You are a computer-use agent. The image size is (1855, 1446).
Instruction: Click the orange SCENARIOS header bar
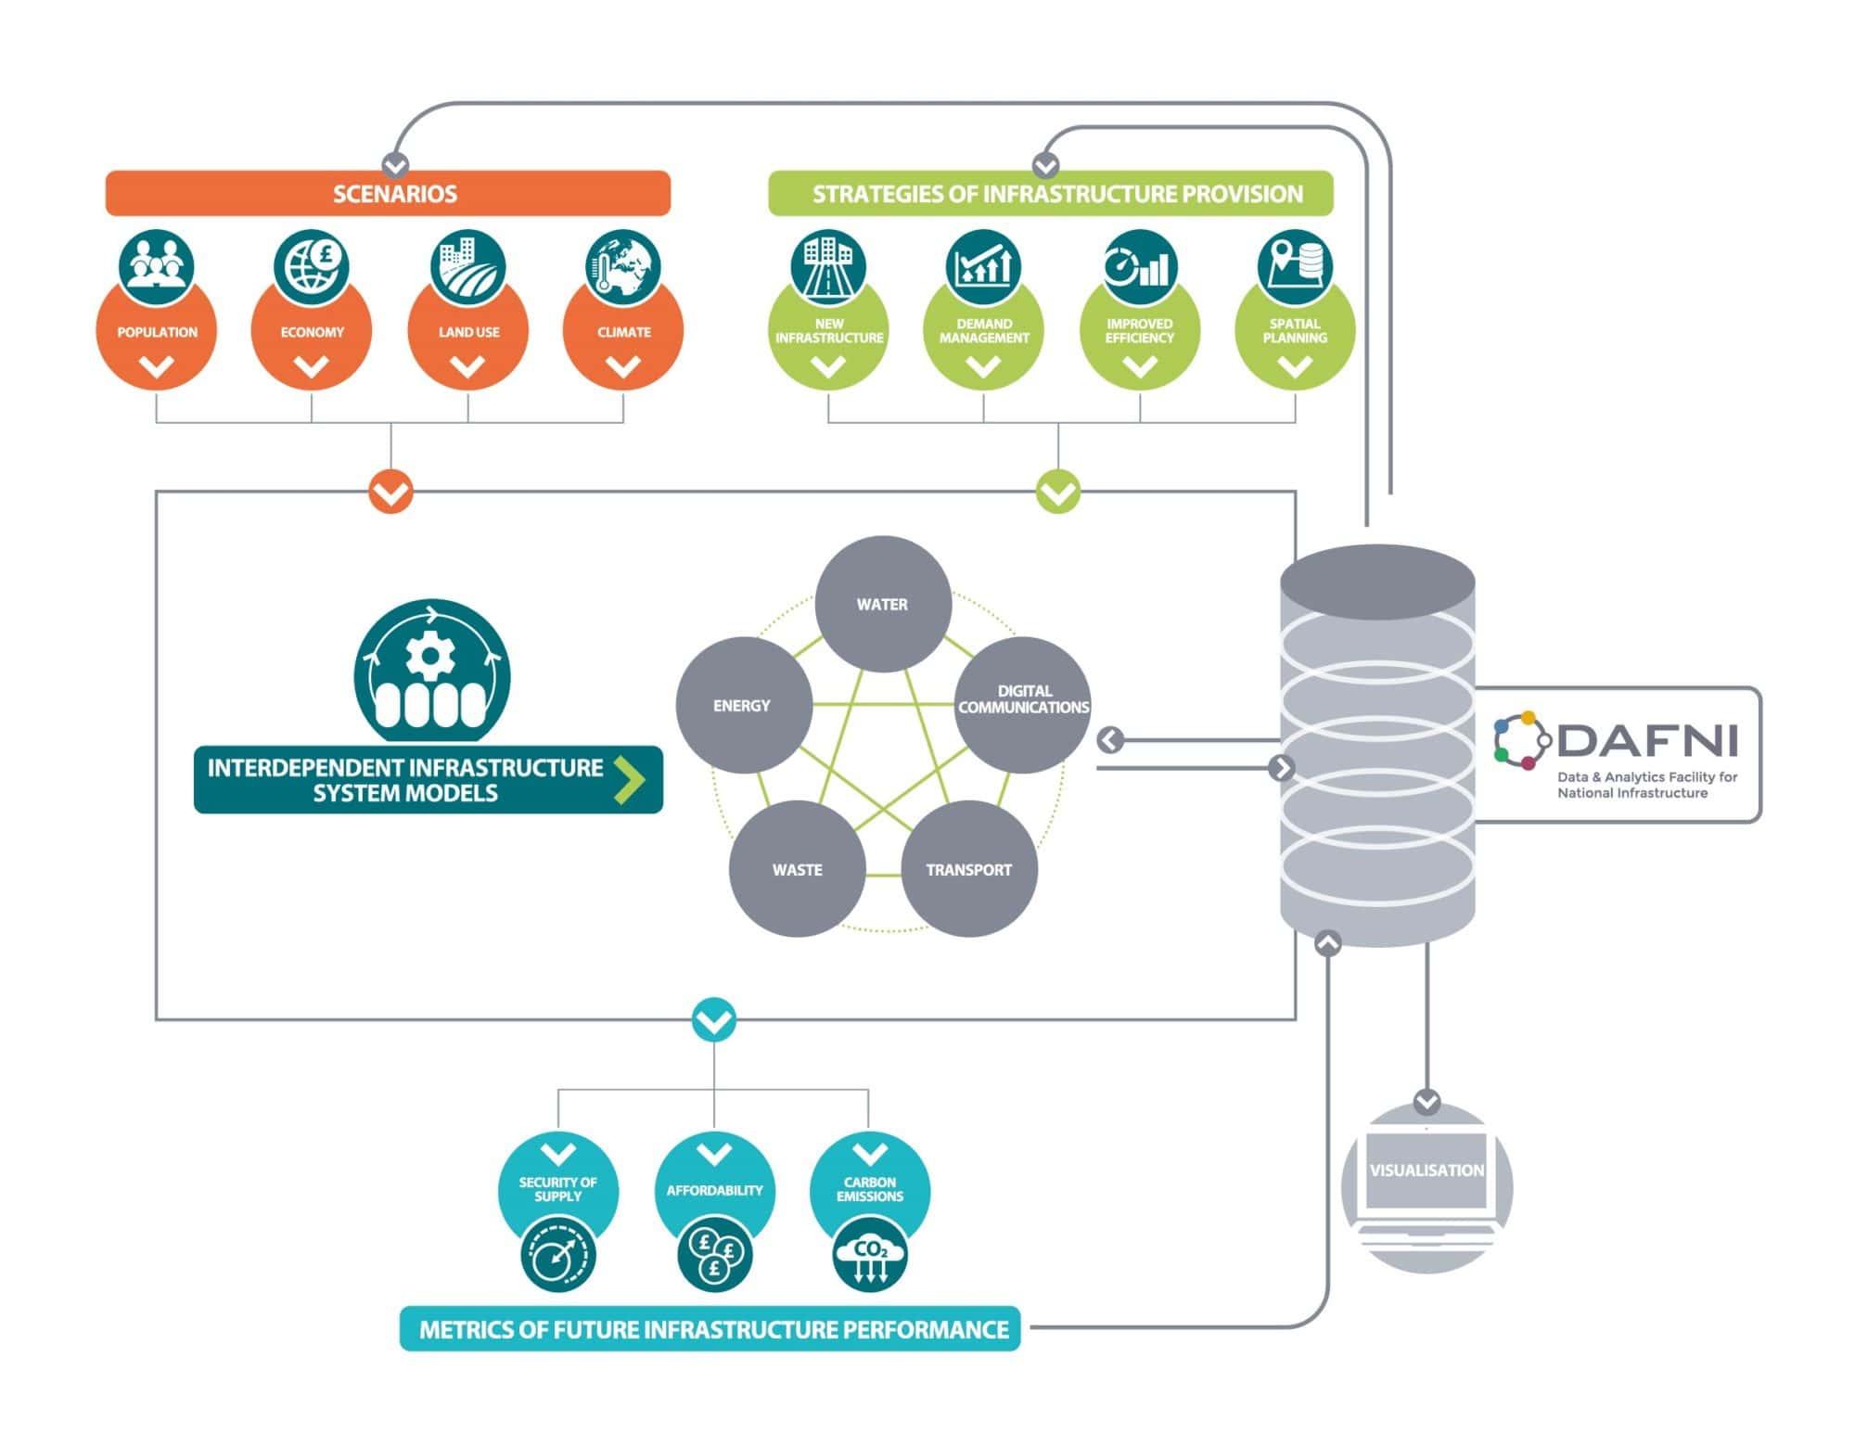388,194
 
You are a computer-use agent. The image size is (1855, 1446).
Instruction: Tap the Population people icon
157,266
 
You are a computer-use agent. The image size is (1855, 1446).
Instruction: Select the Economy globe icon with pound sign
312,266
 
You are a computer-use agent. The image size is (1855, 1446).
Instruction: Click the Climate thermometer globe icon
623,266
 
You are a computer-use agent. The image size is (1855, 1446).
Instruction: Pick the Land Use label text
468,332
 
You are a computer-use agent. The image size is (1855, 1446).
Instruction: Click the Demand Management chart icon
983,266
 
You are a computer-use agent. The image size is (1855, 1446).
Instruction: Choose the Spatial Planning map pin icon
1295,266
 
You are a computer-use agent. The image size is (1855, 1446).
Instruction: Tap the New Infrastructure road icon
828,266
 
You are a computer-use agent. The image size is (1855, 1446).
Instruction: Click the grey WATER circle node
883,604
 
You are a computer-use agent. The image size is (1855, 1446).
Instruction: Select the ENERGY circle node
743,705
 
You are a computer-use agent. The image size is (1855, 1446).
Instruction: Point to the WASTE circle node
797,869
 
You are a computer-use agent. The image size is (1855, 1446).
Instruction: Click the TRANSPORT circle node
969,869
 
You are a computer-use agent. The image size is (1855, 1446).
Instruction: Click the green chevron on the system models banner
630,780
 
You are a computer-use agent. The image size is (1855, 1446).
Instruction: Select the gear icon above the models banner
429,656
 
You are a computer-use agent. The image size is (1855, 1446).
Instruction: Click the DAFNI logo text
1647,740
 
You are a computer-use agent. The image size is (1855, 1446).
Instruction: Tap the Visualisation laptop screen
1426,1171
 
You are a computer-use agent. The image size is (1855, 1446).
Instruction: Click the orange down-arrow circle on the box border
390,492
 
